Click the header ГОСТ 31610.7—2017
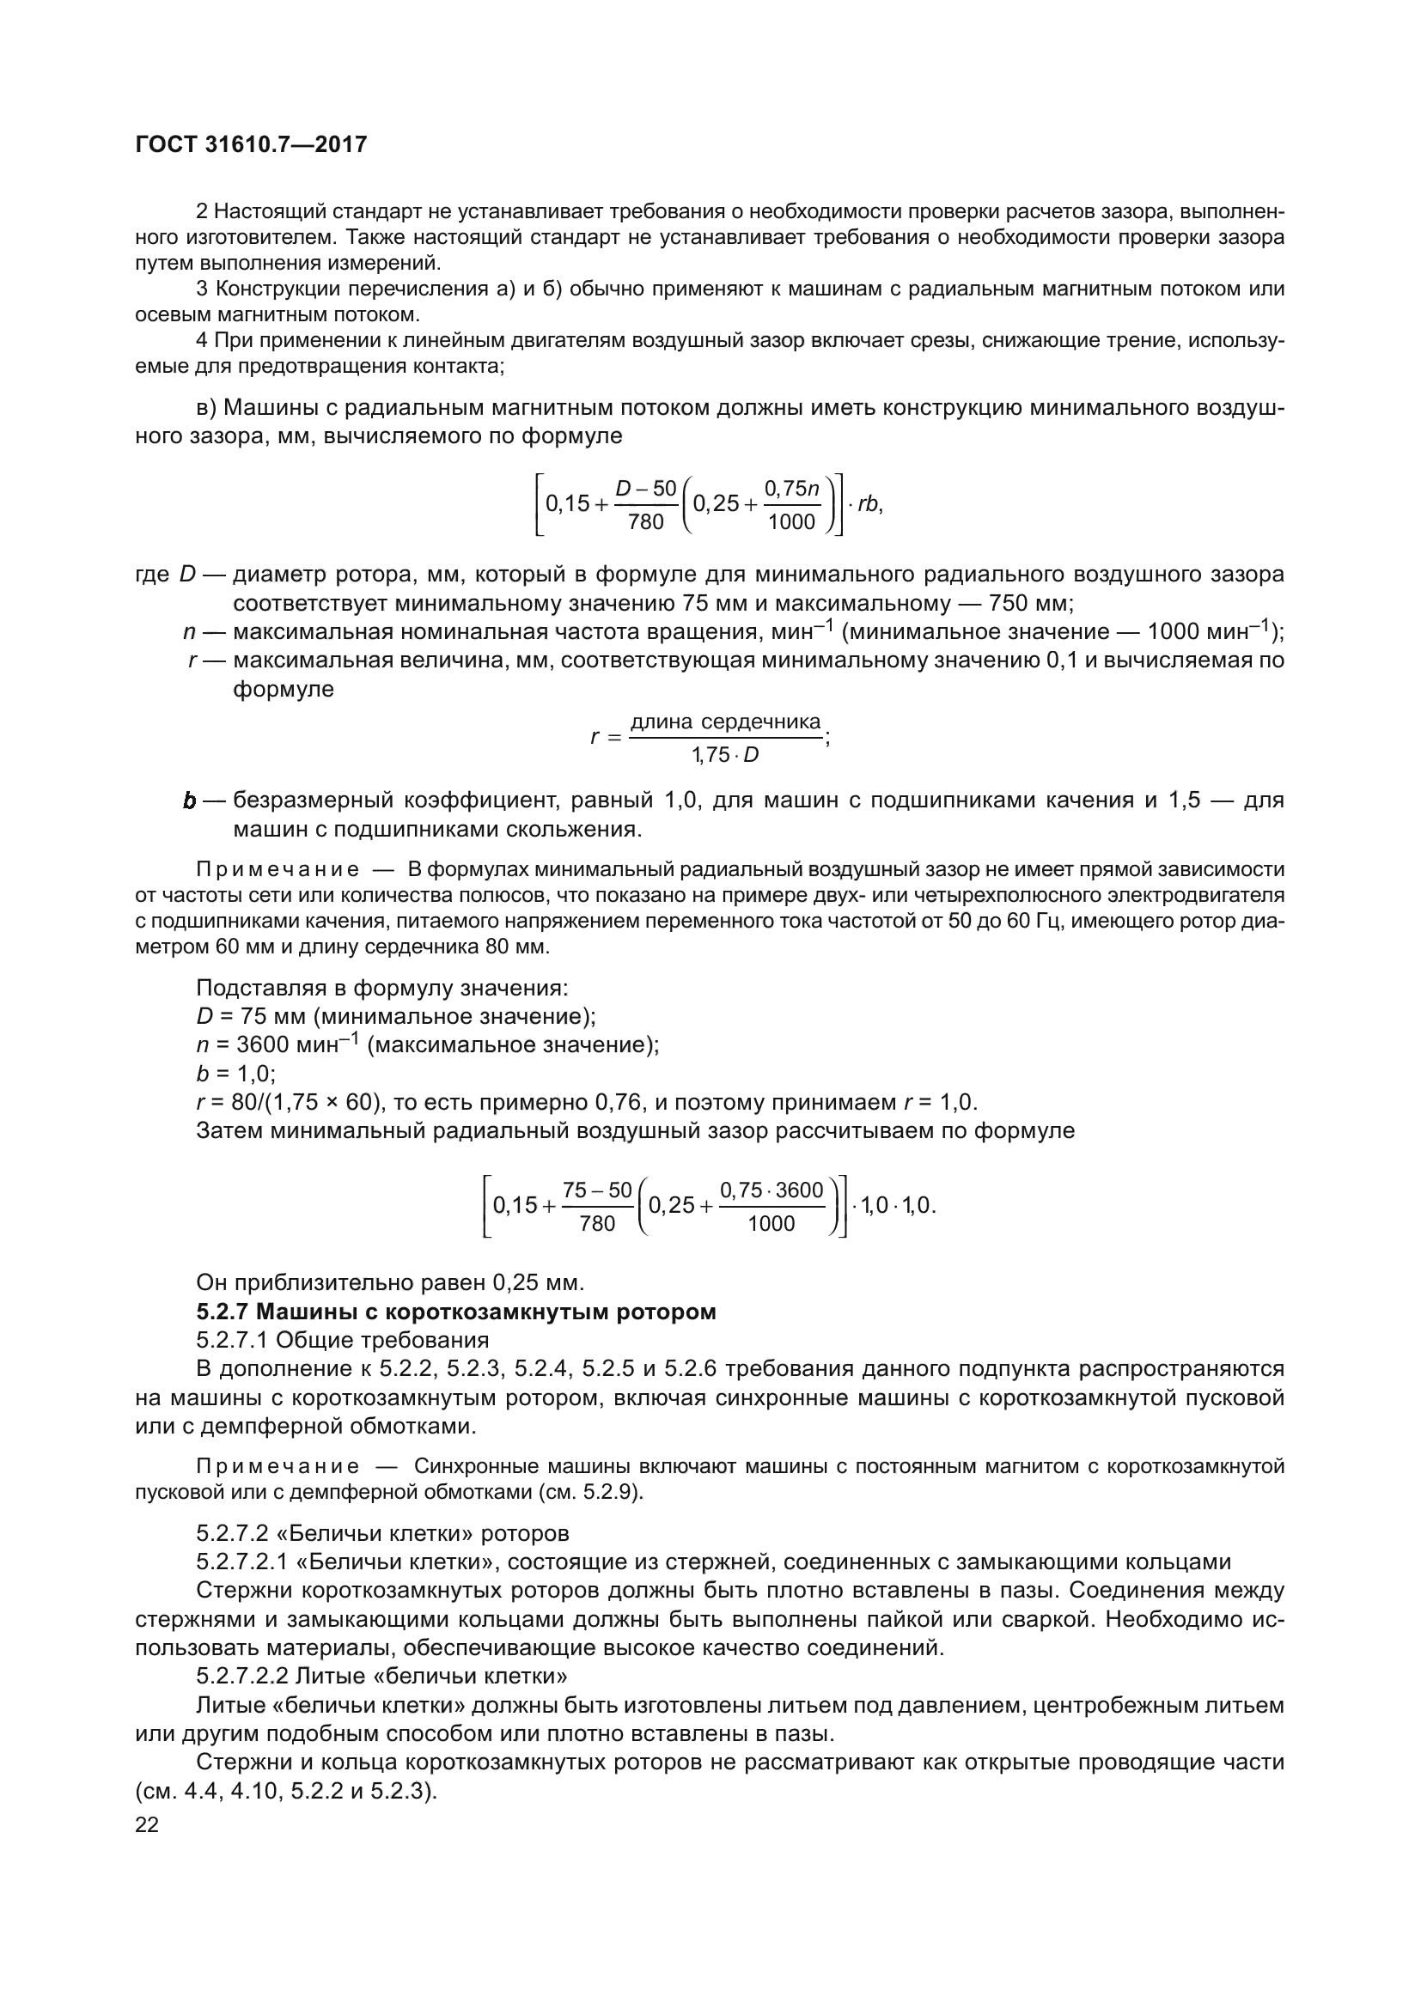(251, 144)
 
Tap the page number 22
(147, 1824)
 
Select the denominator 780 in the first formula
(646, 522)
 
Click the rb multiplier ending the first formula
(868, 505)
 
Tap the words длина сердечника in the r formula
(725, 721)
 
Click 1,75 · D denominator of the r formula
(724, 754)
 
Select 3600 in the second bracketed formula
(799, 1190)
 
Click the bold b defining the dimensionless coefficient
(189, 801)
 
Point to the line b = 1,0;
(235, 1073)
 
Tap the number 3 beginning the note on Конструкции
(202, 289)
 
